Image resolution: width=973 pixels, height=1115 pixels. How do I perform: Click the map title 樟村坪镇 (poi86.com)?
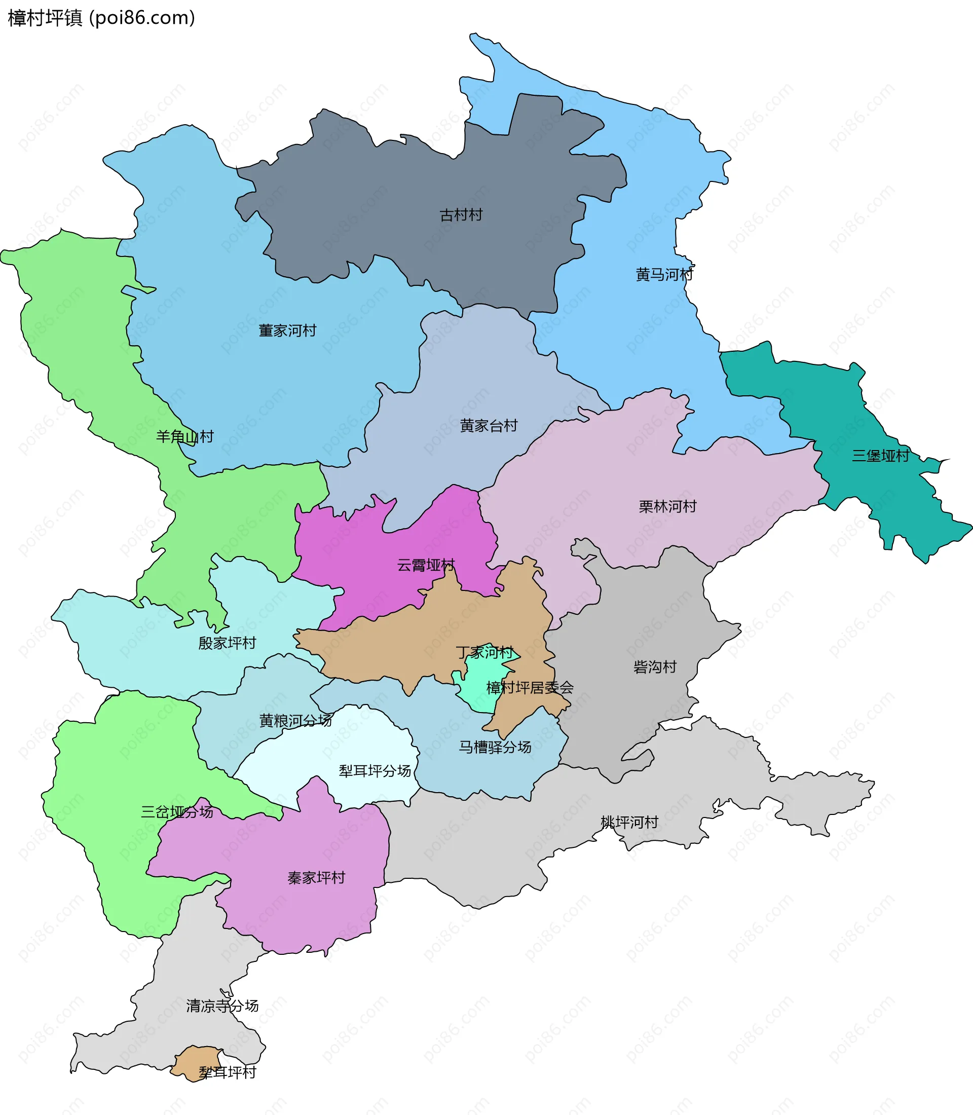(101, 18)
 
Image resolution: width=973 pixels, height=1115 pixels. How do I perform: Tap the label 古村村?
(461, 215)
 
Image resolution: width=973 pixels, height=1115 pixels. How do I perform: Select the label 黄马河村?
(664, 275)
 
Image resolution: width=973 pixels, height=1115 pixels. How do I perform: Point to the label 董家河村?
(287, 331)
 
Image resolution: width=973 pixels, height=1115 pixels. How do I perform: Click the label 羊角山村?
(184, 437)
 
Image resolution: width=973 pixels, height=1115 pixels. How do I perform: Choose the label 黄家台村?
(489, 426)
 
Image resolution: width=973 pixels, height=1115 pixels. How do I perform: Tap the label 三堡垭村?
(880, 456)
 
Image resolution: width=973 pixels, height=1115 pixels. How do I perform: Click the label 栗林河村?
(667, 507)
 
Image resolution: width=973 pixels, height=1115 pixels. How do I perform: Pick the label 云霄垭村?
(426, 566)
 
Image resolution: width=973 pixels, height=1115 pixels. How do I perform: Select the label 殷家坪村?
(227, 643)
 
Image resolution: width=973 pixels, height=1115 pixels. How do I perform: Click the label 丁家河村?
(484, 652)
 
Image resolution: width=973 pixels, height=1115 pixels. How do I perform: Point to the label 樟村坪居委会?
(530, 688)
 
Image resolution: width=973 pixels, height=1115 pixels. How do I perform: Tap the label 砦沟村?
(655, 667)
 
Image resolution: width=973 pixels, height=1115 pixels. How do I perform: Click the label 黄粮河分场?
(295, 721)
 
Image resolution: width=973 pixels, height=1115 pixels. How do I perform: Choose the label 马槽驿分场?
(495, 748)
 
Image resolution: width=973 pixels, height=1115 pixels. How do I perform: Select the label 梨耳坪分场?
(375, 771)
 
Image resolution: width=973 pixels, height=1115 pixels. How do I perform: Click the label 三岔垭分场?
(177, 812)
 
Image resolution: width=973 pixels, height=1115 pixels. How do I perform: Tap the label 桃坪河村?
(629, 822)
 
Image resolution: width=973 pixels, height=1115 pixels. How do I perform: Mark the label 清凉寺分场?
(222, 1006)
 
